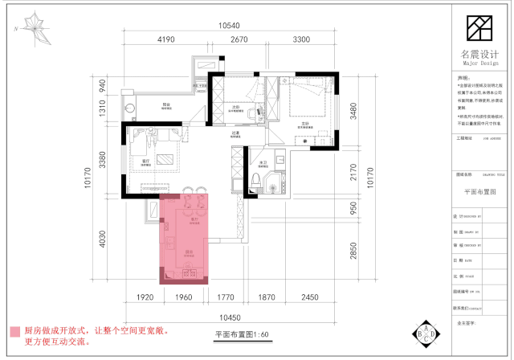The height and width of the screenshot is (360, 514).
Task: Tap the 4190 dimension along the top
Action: click(x=165, y=39)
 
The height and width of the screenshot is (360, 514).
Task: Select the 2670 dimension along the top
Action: click(x=239, y=39)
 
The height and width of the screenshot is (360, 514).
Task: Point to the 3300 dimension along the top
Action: click(x=302, y=39)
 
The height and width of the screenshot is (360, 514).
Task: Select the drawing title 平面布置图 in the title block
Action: click(x=480, y=192)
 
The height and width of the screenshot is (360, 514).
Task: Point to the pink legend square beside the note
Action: click(x=14, y=331)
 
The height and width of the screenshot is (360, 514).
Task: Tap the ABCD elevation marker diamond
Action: click(x=425, y=332)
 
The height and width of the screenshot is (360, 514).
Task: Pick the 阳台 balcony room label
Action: click(x=167, y=106)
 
